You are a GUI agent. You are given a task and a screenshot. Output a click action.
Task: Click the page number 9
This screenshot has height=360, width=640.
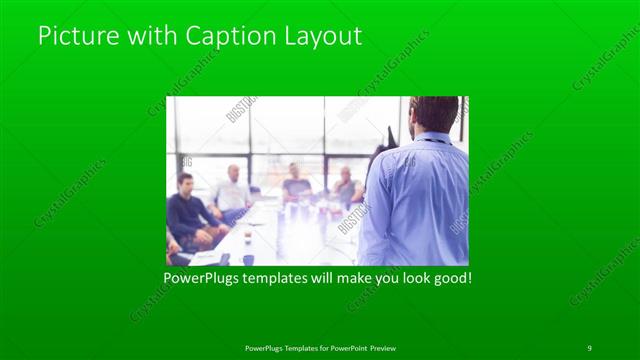click(590, 347)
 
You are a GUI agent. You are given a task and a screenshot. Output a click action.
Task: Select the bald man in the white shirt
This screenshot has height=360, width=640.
click(233, 189)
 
